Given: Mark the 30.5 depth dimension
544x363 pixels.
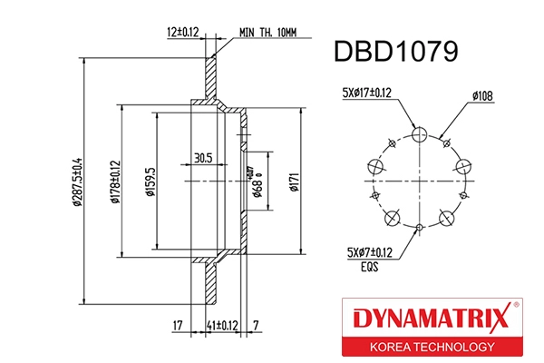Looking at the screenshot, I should point(202,157).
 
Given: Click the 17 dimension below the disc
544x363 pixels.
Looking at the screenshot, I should point(180,324).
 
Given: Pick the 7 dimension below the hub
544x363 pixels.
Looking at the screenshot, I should point(257,324).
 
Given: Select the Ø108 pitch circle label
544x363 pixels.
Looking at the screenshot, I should point(482,93).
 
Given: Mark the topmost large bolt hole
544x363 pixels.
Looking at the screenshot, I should point(419,135).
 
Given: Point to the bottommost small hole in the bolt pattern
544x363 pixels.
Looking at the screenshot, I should point(419,228).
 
